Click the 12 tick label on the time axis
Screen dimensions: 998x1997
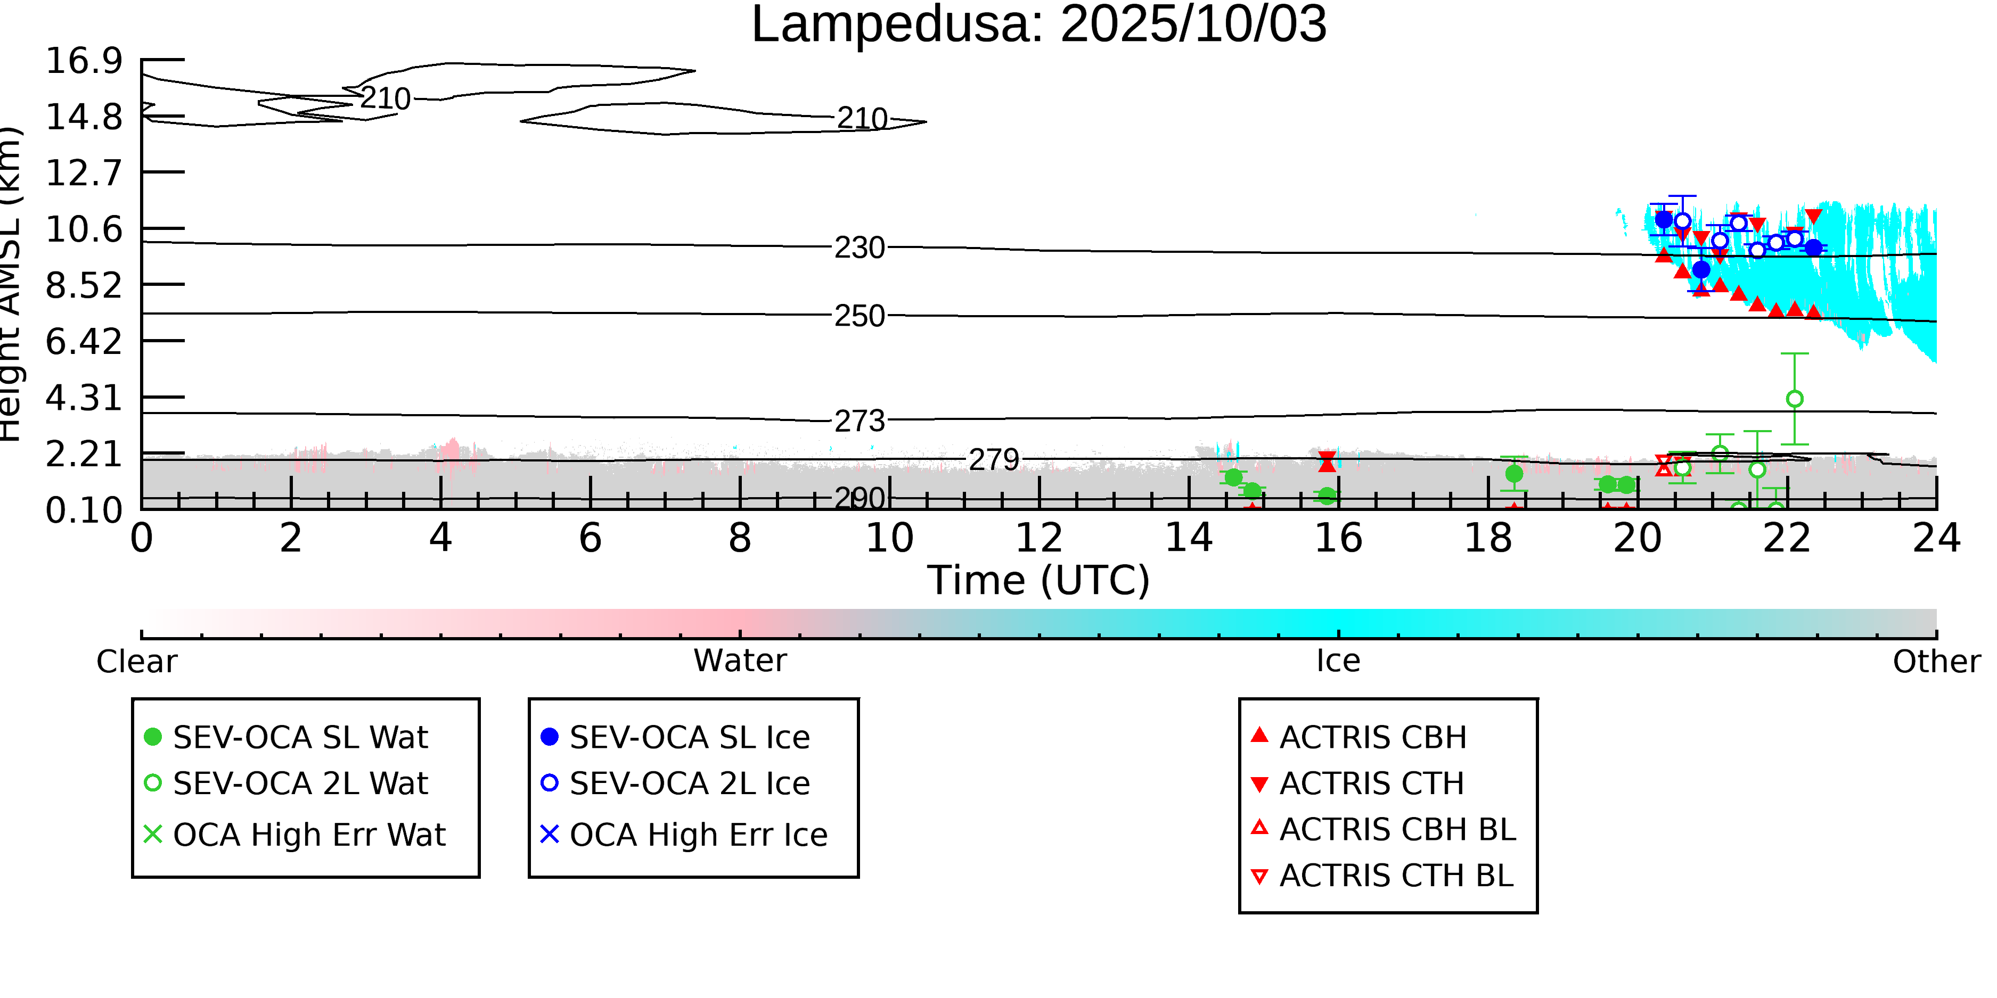click(1039, 539)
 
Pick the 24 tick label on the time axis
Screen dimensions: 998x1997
click(1936, 539)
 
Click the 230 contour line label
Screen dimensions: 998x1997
click(859, 248)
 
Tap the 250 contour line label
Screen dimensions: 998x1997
click(859, 316)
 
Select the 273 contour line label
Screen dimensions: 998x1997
click(859, 420)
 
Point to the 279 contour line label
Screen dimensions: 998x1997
click(994, 460)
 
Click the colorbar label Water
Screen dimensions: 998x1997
click(740, 661)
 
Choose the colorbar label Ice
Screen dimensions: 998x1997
click(1338, 661)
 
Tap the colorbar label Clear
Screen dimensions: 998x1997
click(136, 662)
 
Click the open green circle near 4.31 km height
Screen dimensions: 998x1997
click(1795, 399)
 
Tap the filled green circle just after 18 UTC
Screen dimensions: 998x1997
click(1514, 473)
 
